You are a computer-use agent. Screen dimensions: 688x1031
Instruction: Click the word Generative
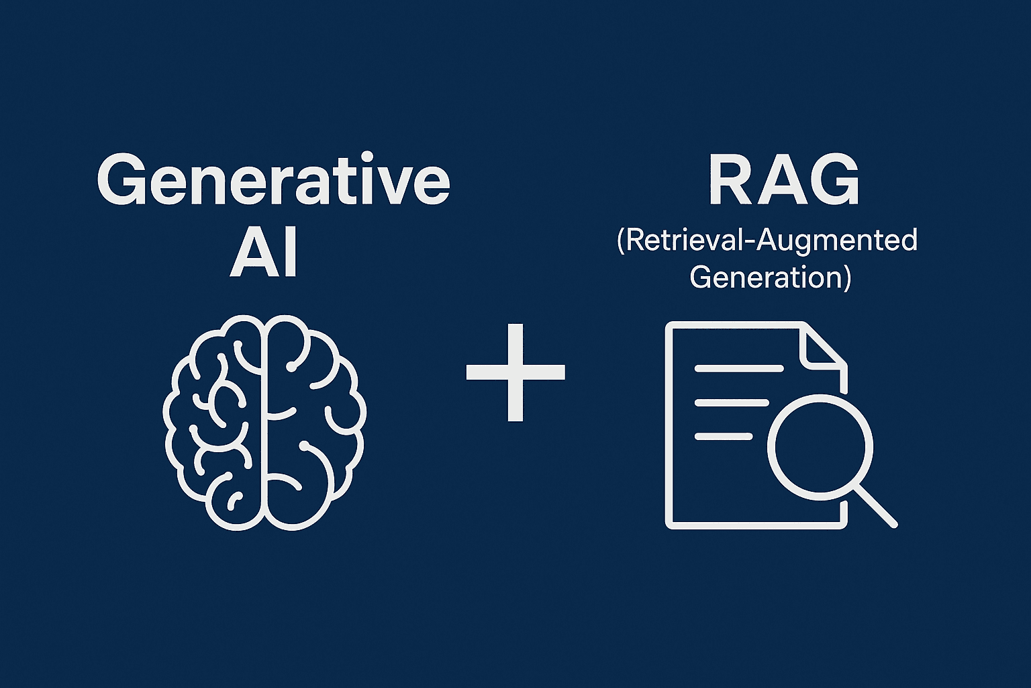(x=273, y=179)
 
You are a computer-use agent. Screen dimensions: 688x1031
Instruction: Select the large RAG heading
(x=784, y=181)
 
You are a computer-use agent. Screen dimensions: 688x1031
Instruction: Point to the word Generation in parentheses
(x=765, y=277)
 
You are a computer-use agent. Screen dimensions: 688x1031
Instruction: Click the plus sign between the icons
(x=515, y=372)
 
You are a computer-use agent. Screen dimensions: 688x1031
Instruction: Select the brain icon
(x=264, y=422)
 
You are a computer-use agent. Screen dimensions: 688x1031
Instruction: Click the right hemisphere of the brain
(x=312, y=422)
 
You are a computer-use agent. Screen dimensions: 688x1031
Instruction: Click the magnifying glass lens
(x=820, y=446)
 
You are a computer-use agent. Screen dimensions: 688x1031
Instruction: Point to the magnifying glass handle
(x=876, y=506)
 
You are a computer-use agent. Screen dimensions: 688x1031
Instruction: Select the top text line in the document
(x=739, y=368)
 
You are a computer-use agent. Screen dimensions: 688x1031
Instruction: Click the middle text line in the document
(x=732, y=402)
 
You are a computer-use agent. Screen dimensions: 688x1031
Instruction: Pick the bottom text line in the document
(x=724, y=437)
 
